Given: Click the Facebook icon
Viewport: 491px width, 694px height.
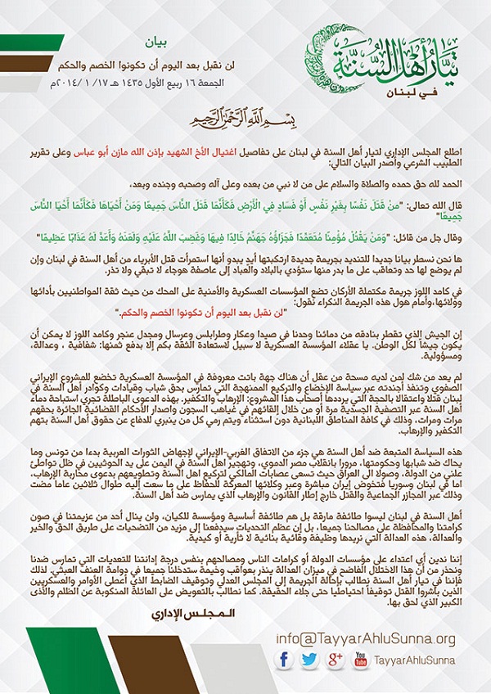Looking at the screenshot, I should pos(285,659).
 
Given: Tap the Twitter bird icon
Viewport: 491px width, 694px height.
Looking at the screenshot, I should pos(309,659).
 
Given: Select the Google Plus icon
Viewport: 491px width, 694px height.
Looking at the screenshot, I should pos(334,659).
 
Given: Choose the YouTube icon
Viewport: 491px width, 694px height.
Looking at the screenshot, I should pos(359,659).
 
